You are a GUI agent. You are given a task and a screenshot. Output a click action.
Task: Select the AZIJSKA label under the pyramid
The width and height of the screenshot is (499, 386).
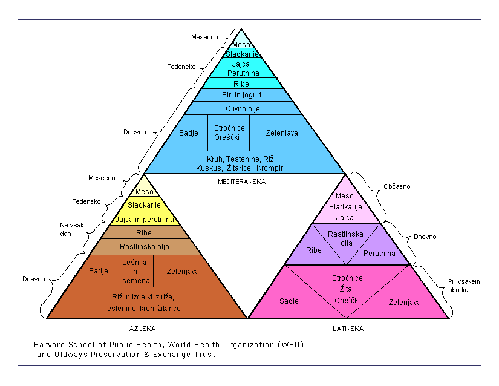(142, 329)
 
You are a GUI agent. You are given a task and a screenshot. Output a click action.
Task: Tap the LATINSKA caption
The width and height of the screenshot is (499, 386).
(348, 329)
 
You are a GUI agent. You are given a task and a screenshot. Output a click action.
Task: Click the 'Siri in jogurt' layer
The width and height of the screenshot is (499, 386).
(240, 95)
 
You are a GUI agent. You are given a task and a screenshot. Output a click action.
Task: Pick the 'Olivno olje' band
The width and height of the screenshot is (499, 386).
(241, 108)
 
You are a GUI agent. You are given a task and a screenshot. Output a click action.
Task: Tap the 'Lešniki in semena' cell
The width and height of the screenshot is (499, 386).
(134, 271)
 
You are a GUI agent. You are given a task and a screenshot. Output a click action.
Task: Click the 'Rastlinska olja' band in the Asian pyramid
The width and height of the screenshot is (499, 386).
(145, 246)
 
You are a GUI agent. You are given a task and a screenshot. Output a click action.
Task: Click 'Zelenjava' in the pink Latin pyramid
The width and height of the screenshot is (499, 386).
(405, 302)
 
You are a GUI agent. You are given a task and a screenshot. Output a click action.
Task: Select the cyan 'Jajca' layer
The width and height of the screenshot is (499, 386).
(241, 63)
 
